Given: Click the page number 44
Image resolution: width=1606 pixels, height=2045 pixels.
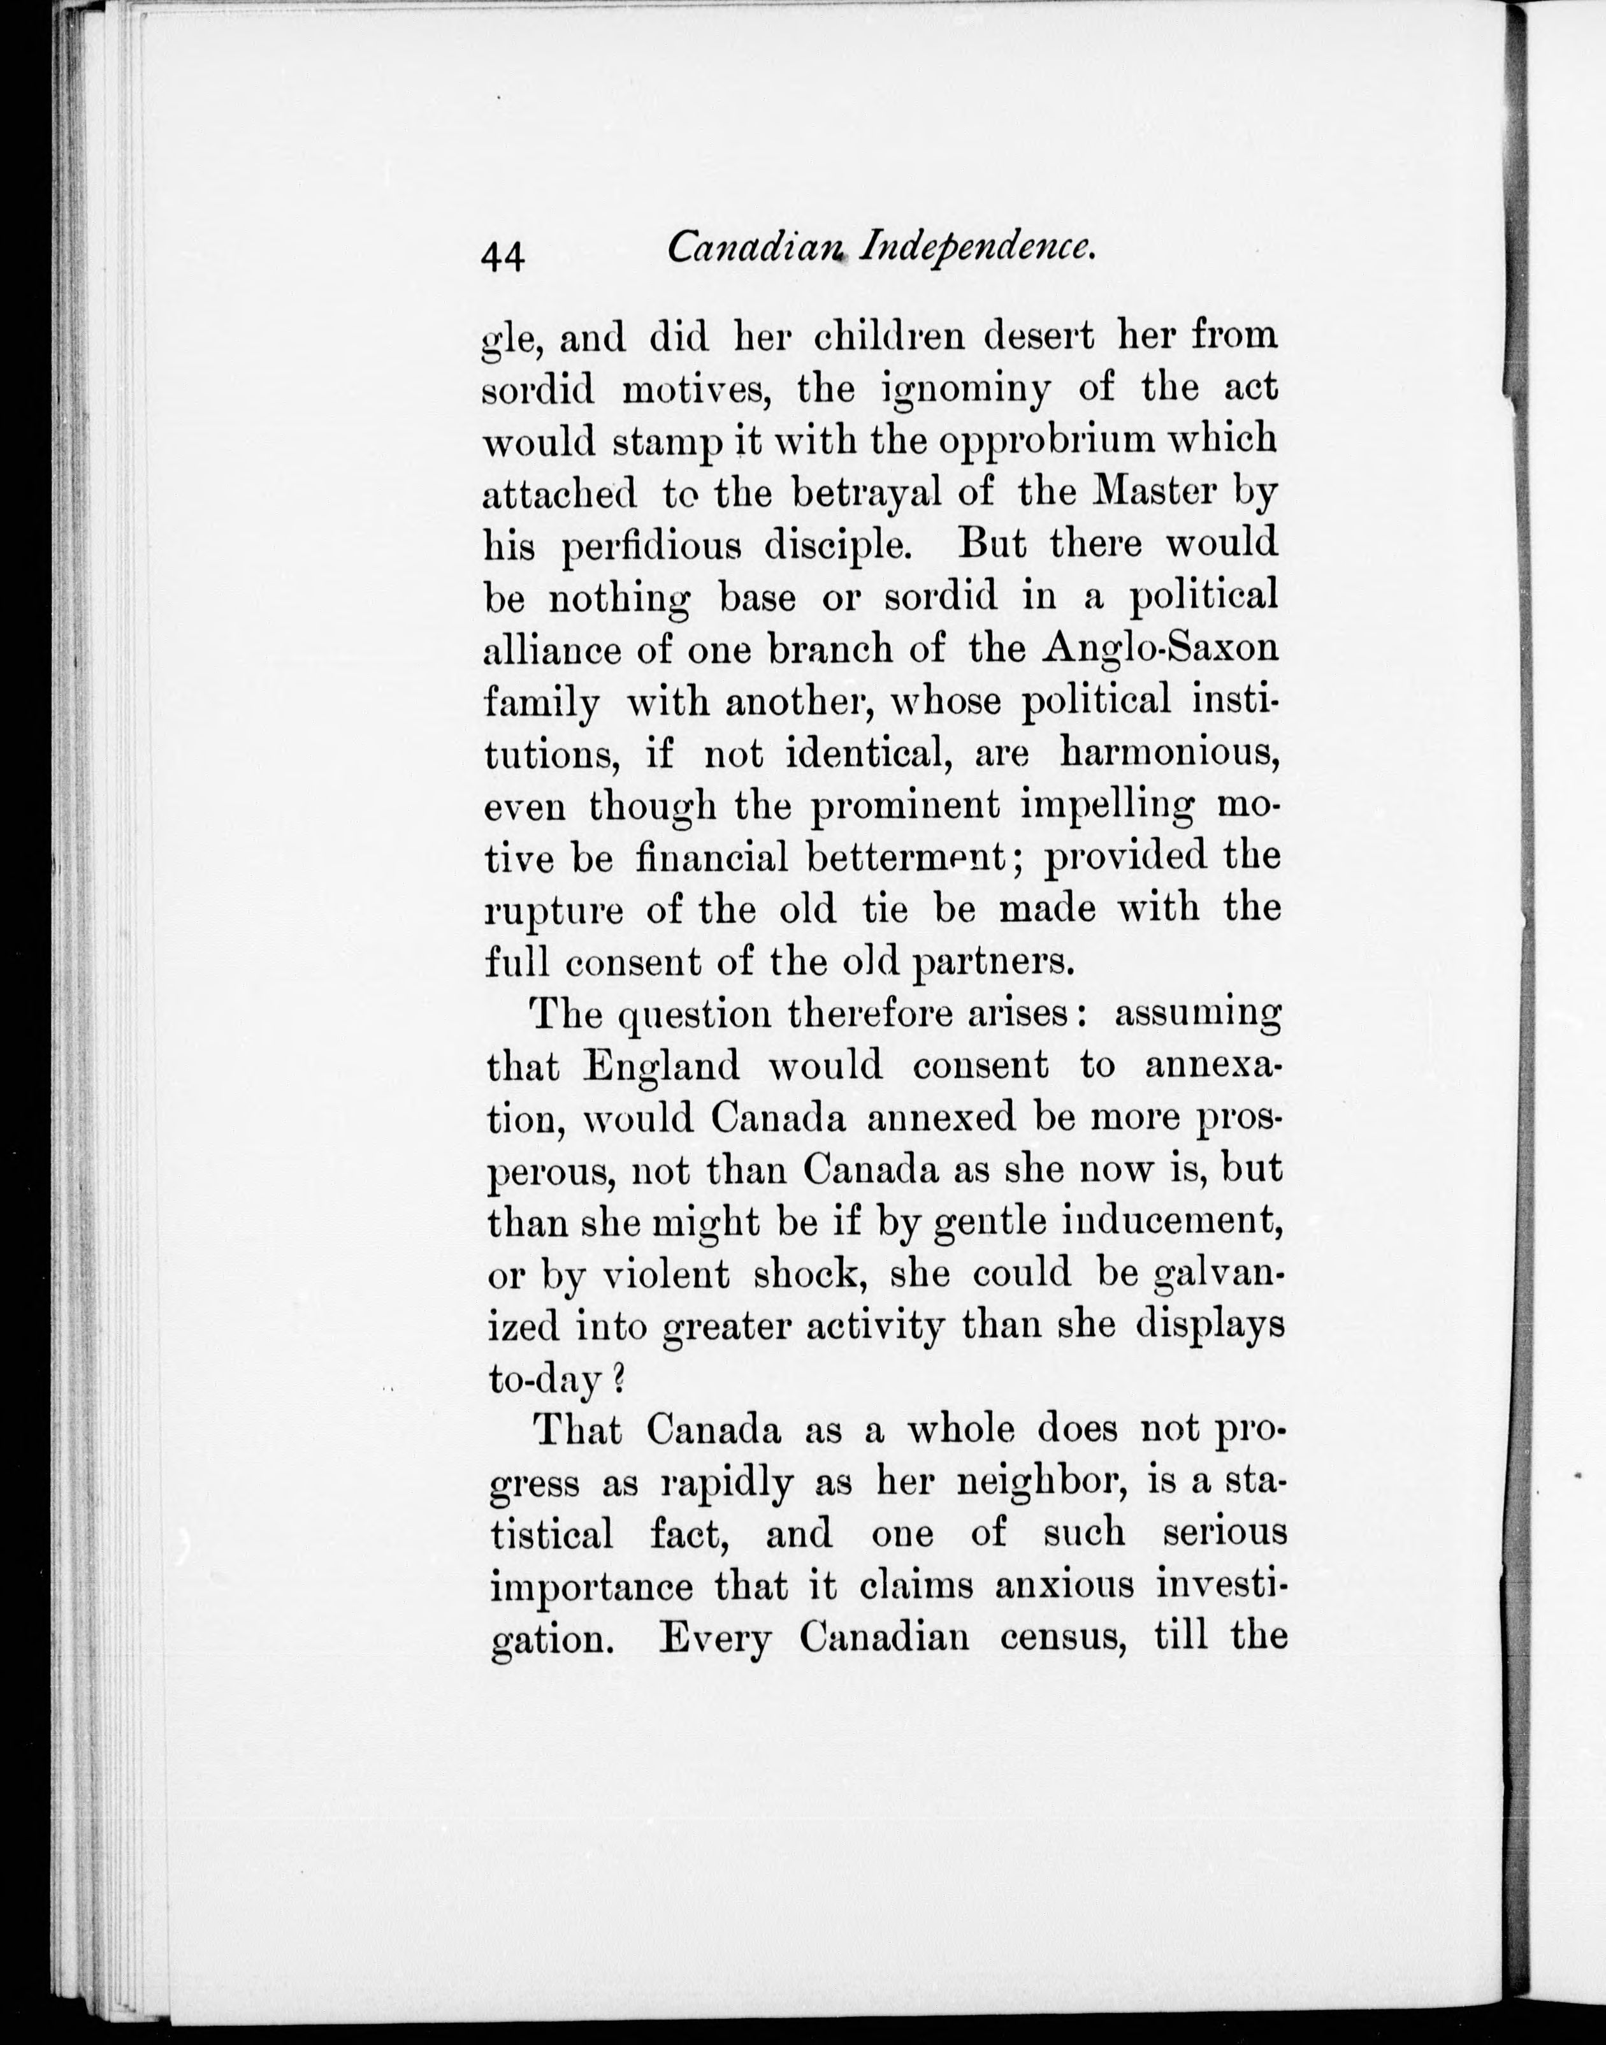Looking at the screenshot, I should (x=503, y=255).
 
